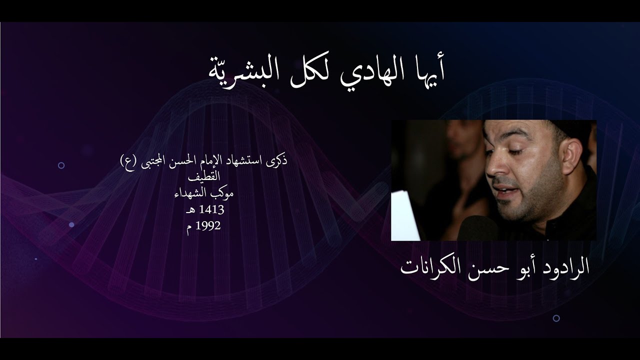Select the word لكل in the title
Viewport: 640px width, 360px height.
[x=313, y=70]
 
